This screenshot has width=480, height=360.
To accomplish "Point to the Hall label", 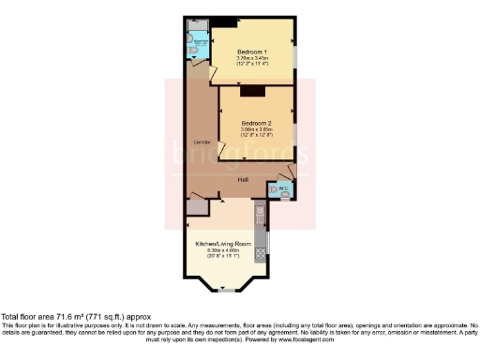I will pos(242,179).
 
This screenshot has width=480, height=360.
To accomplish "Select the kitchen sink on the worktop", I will pos(262,221).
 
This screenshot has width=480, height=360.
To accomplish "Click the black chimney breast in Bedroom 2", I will pos(253,91).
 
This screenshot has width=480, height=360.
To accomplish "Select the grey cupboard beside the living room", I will pos(197,209).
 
